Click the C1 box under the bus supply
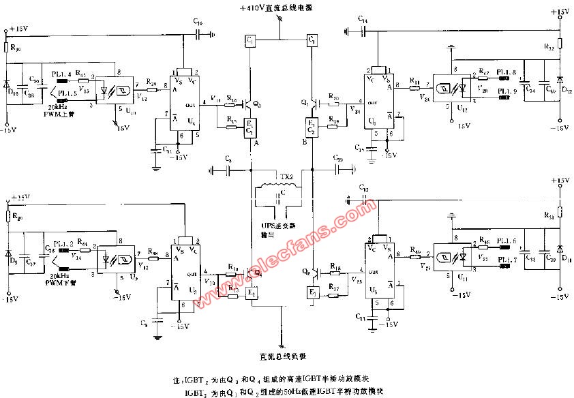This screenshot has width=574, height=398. pyautogui.click(x=250, y=42)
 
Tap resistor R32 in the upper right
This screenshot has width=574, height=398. pyautogui.click(x=560, y=45)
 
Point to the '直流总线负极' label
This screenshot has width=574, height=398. pyautogui.click(x=280, y=354)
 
